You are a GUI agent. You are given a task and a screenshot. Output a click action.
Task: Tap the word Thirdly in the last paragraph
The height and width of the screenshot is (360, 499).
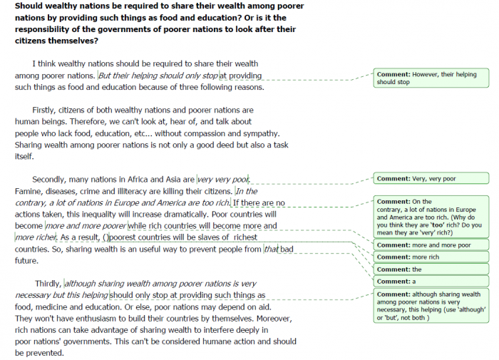coord(48,284)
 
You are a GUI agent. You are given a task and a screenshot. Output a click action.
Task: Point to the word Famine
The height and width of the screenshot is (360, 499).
coord(30,192)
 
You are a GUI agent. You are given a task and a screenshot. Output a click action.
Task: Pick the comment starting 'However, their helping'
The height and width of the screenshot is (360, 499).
coord(431,78)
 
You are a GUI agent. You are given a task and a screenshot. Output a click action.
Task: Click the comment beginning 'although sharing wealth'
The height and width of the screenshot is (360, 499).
coord(431,306)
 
